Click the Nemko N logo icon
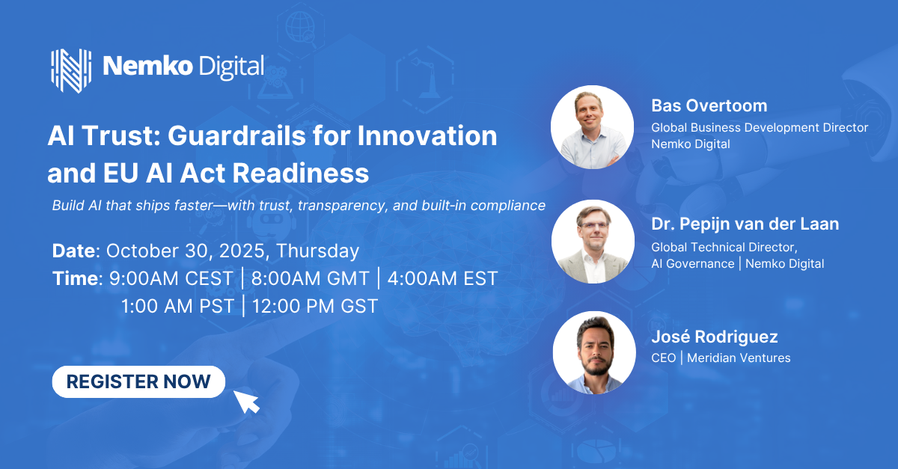[x=71, y=70]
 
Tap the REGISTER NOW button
[x=138, y=381]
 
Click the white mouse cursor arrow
[x=246, y=402]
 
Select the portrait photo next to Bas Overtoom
[x=592, y=127]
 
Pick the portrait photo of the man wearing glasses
[x=593, y=242]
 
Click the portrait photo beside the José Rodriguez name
[x=594, y=353]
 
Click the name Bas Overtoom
[x=709, y=105]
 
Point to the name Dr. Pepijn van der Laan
[x=745, y=224]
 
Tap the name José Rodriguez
[x=715, y=337]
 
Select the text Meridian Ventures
[x=739, y=358]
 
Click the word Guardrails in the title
[x=236, y=135]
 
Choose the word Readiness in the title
[x=301, y=174]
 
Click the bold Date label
[x=76, y=251]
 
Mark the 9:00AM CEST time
[x=171, y=278]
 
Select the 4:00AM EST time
[x=442, y=278]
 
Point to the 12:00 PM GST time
[x=315, y=306]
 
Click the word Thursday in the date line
[x=317, y=251]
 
